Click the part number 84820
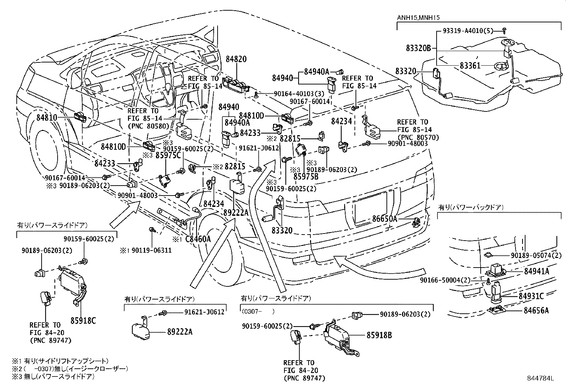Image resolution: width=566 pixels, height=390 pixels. tap(236, 60)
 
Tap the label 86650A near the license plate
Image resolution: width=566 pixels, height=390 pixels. tap(384, 219)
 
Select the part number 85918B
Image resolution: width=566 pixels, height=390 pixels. tap(379, 335)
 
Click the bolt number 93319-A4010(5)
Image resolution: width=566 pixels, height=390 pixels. tap(468, 31)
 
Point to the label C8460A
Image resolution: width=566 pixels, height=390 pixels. tap(198, 239)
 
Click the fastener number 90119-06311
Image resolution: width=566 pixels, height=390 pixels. tap(151, 251)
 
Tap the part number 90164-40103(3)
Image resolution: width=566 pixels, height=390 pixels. tap(294, 94)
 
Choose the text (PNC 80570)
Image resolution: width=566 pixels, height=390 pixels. tap(418, 137)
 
